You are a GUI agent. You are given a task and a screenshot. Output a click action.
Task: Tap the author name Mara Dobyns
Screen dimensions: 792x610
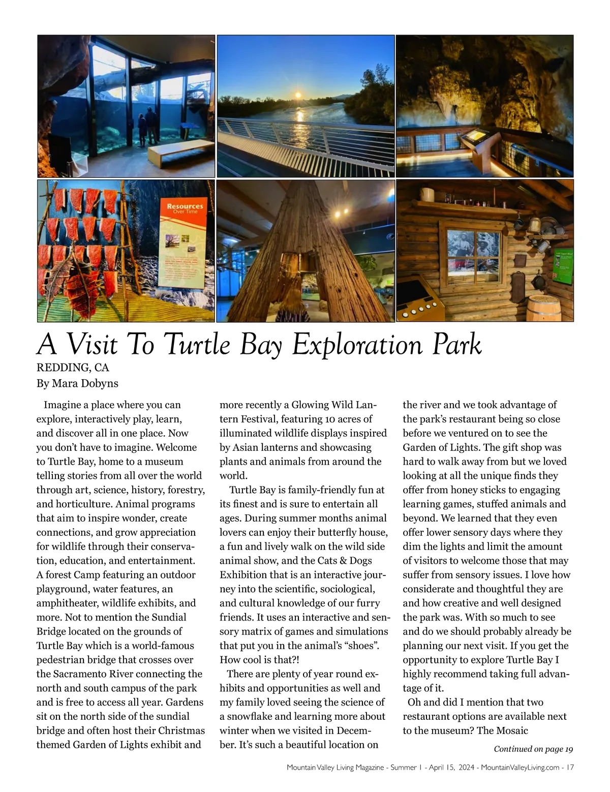pos(85,383)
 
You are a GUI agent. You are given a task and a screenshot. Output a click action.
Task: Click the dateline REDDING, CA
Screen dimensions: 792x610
pos(73,367)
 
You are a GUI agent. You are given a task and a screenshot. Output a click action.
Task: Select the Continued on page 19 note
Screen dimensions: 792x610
pos(533,749)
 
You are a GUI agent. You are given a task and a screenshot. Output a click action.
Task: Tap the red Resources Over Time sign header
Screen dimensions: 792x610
pos(185,208)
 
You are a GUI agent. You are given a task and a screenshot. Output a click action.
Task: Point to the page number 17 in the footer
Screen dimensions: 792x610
pos(569,767)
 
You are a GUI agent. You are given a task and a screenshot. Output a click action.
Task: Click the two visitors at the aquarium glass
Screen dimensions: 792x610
pos(148,126)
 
